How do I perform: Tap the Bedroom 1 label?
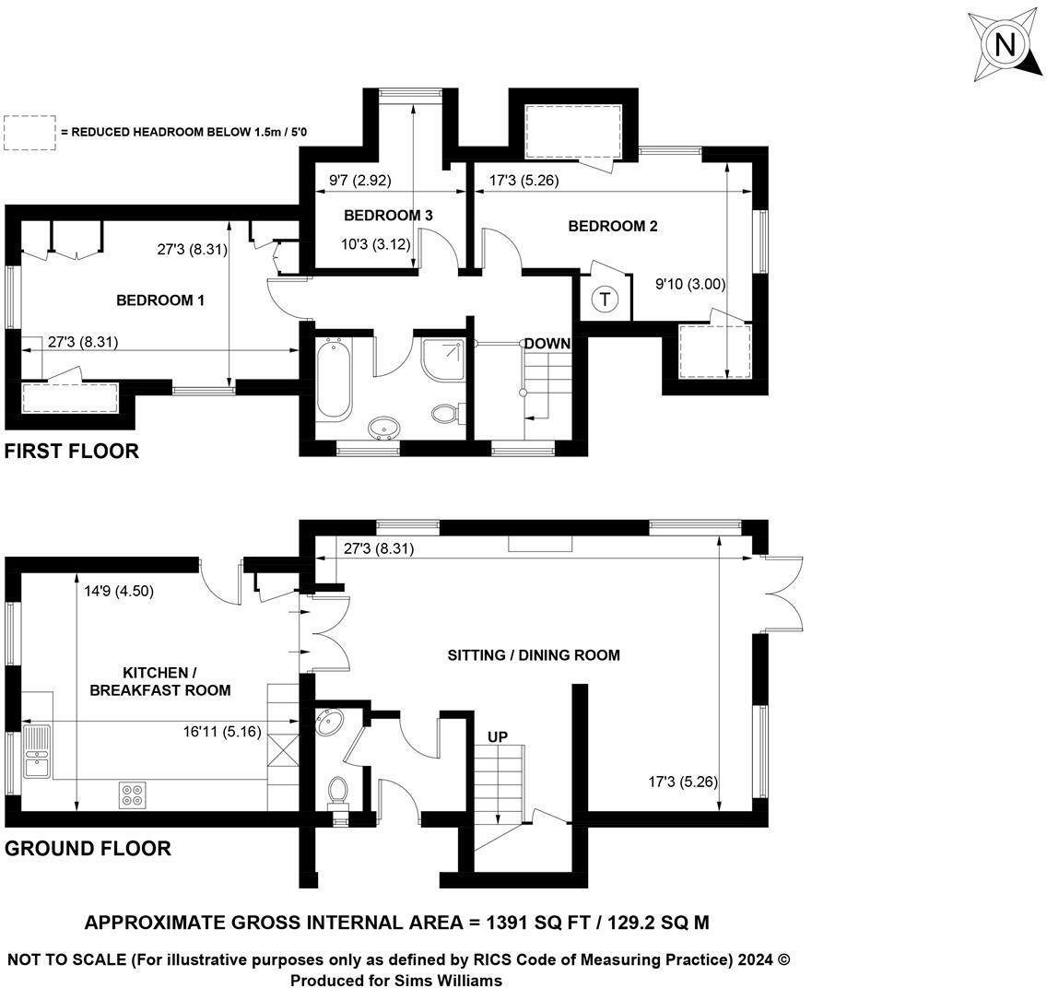(160, 300)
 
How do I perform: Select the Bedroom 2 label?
(613, 226)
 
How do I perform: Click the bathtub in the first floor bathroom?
(333, 379)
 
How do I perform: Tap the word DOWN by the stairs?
(547, 344)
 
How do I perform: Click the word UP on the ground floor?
(498, 736)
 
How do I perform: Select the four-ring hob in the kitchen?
(132, 794)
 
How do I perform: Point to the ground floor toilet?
(338, 790)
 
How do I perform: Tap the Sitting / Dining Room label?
(534, 655)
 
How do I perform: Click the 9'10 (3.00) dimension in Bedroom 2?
(690, 284)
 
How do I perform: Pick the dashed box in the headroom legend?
(29, 133)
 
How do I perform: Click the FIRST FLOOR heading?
(72, 451)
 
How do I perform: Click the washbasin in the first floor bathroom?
(384, 428)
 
